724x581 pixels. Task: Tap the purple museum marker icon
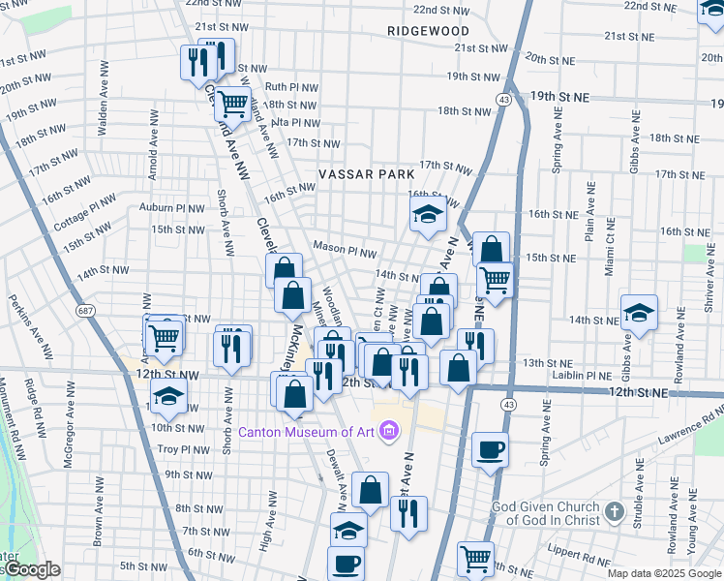click(389, 430)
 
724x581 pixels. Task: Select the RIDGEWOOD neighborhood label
click(428, 31)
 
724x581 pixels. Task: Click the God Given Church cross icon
click(614, 510)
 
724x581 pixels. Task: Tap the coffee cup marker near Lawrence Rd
click(491, 449)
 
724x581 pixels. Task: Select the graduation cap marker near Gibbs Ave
click(638, 312)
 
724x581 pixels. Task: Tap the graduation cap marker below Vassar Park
click(427, 217)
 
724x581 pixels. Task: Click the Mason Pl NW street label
click(344, 250)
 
